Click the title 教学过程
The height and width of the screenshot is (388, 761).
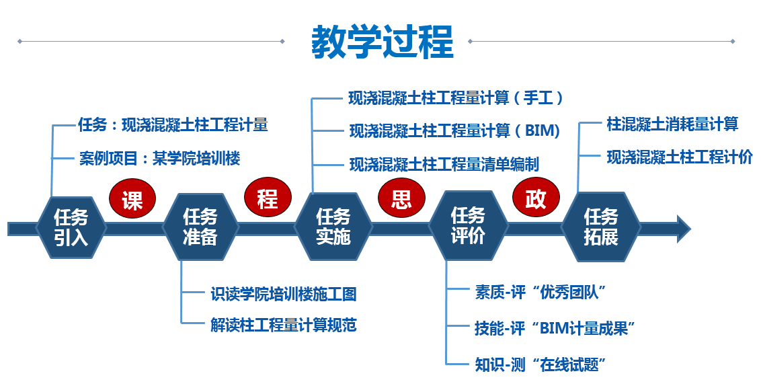382,42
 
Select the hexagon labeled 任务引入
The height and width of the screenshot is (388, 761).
71,227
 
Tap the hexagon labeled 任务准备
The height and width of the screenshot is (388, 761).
200,227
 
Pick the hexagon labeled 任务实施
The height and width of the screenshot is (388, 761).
333,227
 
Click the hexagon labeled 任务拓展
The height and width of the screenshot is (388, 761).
600,227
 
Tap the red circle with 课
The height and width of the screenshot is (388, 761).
132,200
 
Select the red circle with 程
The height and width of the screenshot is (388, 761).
267,198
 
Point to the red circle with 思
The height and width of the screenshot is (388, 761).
401,198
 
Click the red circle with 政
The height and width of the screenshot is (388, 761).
535,198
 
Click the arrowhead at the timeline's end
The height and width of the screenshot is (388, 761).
682,229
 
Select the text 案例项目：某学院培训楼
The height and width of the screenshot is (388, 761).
159,159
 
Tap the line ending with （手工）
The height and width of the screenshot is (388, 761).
455,99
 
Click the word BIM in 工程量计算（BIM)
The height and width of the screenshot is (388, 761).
541,131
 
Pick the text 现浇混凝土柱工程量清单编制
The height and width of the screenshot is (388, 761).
444,164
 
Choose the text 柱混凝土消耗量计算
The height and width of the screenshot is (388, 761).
672,124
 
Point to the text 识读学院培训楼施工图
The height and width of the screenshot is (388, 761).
283,294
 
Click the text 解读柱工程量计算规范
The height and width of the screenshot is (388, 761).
283,325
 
